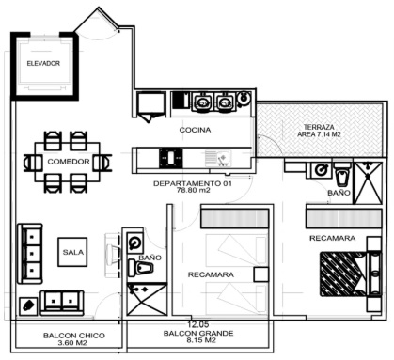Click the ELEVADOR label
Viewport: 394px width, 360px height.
click(x=43, y=63)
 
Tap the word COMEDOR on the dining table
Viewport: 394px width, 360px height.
click(x=69, y=162)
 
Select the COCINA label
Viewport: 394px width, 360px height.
click(x=195, y=130)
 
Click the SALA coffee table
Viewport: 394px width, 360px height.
click(x=72, y=252)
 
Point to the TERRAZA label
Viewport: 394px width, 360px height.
click(x=319, y=127)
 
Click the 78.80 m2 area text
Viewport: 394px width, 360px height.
click(x=194, y=190)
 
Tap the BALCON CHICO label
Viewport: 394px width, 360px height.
click(x=74, y=336)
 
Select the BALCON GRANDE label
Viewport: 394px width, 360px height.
click(x=198, y=333)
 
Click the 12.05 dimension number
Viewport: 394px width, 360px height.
click(x=198, y=325)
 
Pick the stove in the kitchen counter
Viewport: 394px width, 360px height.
click(x=171, y=158)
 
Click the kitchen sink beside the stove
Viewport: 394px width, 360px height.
click(x=218, y=158)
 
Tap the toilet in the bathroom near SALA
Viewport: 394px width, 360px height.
click(x=140, y=268)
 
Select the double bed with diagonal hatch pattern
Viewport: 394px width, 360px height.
click(x=343, y=274)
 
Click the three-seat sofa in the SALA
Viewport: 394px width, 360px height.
click(x=29, y=254)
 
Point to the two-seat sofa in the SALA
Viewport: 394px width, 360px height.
click(x=62, y=303)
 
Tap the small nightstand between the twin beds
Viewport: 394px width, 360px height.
click(x=261, y=274)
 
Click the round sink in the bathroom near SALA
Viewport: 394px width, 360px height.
click(x=135, y=243)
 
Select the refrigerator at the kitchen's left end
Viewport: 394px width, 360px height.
click(x=151, y=104)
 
